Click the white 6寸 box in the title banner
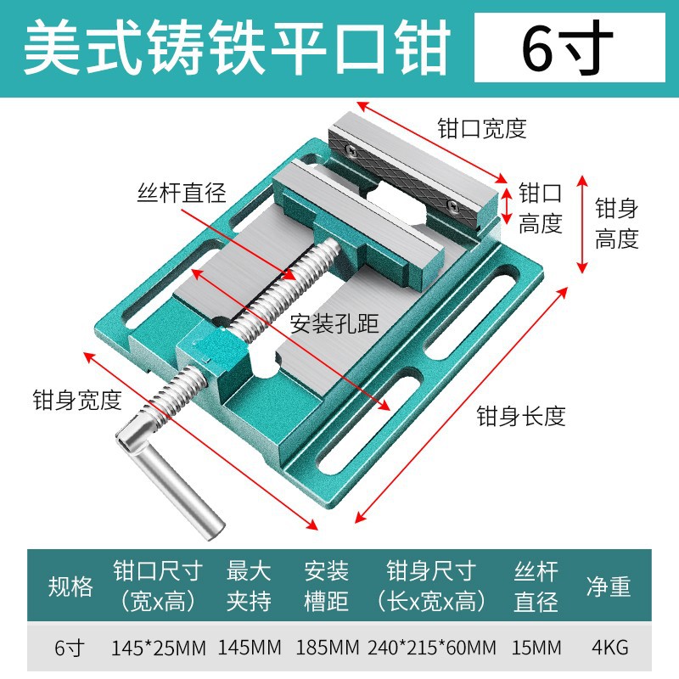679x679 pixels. pos(569,49)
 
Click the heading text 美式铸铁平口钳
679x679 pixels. pos(236,49)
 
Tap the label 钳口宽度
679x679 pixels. pos(482,128)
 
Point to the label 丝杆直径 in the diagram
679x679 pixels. pos(182,193)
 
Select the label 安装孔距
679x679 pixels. pos(334,323)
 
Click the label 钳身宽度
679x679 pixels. pos(77,400)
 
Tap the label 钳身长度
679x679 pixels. pos(520,416)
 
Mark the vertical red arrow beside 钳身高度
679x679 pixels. pos(581,225)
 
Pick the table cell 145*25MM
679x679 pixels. pos(159,648)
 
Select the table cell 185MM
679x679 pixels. pos(327,648)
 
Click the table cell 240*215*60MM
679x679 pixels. pos(432,648)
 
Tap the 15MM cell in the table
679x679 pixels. pos(536,648)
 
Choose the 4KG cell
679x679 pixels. pos(609,648)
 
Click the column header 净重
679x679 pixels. pos(609,586)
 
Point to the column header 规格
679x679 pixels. pos(70,586)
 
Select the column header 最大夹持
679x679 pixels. pos(249,586)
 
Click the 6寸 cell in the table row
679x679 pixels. pos(70,648)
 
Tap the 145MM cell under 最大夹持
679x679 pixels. pos(250,648)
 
